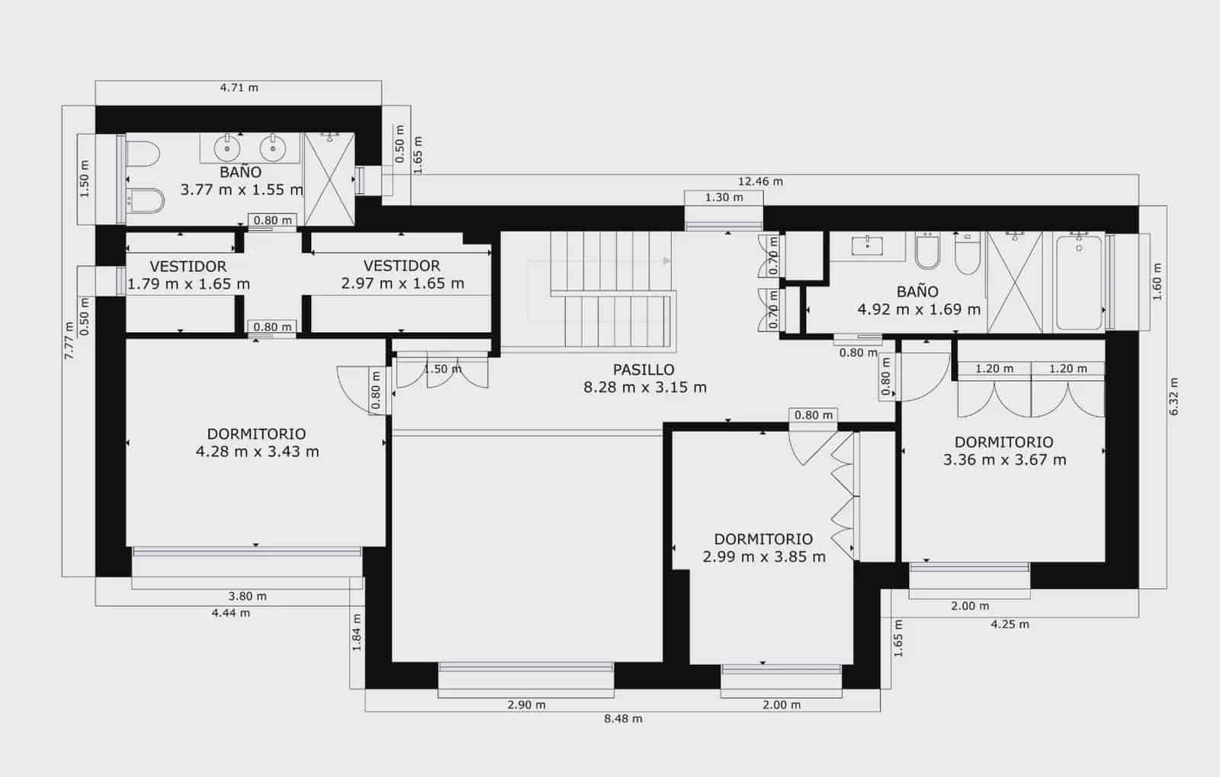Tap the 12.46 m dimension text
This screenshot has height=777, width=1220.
point(760,181)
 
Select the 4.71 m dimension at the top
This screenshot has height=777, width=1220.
point(239,88)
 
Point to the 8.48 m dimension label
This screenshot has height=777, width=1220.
point(623,718)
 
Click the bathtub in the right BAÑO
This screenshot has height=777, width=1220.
point(1078,282)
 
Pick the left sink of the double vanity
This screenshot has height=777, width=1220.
point(226,147)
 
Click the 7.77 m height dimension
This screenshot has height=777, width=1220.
point(69,341)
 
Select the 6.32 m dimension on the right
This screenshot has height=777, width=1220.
point(1173,396)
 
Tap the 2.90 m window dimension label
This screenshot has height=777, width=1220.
point(526,705)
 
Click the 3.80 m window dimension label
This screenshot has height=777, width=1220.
point(247,596)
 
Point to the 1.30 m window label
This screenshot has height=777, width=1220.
point(724,197)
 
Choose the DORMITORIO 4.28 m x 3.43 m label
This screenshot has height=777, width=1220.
point(257,443)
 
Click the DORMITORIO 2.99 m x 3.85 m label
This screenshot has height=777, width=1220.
point(763,548)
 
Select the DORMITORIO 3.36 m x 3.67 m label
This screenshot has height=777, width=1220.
point(1004,451)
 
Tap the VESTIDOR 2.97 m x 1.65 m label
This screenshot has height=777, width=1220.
point(402,274)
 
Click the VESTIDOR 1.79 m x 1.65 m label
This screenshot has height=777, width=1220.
point(188,275)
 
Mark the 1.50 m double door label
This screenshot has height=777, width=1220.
point(441,369)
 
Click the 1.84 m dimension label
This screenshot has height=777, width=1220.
point(357,632)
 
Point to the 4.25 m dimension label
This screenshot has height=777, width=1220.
point(1010,624)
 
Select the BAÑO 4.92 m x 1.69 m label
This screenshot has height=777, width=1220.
point(918,300)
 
